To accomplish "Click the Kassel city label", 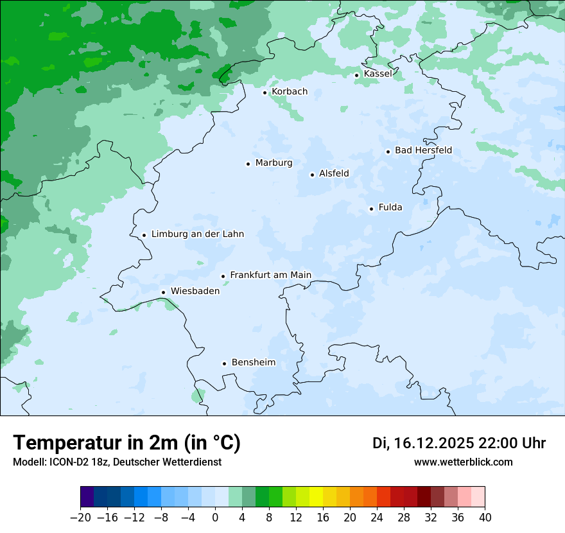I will click(378, 74).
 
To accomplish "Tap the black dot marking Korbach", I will click(265, 92).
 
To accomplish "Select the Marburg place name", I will click(274, 163).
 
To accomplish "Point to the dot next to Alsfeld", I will click(312, 175).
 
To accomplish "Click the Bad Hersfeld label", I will click(423, 150).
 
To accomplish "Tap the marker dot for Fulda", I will click(371, 209).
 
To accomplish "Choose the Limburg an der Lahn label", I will click(197, 234).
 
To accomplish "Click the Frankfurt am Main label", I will click(270, 275).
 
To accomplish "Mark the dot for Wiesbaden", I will click(164, 292).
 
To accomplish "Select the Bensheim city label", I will click(253, 362).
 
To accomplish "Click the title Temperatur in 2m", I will click(126, 443).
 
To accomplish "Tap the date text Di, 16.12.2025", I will click(423, 443).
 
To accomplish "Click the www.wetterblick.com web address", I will click(463, 462).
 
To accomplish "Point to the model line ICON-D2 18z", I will click(117, 462).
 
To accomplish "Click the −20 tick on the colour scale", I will click(80, 518).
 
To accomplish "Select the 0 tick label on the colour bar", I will click(215, 518).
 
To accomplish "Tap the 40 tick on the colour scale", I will click(485, 518).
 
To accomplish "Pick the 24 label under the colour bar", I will click(377, 518).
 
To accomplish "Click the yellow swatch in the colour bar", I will click(316, 497).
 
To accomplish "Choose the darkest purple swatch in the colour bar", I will click(87, 497).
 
